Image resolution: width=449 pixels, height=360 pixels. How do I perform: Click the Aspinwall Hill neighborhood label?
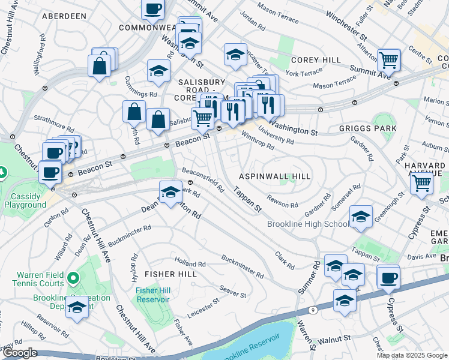point(275,176)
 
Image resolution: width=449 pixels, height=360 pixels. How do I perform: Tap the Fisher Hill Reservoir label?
point(154,295)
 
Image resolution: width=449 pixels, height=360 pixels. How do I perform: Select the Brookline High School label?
point(308,224)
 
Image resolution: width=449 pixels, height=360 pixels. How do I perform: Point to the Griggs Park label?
point(367,128)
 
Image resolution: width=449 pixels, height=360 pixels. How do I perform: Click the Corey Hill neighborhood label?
point(316,60)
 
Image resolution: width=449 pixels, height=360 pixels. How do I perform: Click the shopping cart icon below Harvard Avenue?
point(422,184)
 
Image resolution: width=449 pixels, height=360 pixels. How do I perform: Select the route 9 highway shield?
point(313,310)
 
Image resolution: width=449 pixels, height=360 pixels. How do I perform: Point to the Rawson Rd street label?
point(283,204)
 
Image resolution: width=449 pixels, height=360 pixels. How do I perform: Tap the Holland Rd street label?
point(190,263)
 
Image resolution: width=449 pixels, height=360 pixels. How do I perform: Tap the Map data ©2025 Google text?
point(411,355)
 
